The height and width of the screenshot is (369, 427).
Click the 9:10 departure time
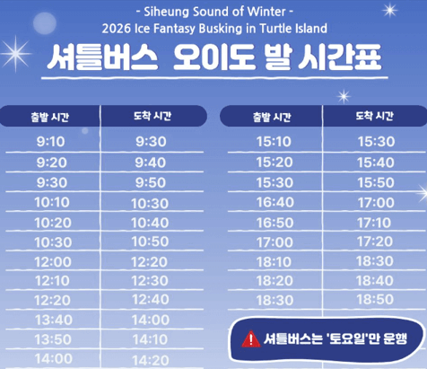coord(52,142)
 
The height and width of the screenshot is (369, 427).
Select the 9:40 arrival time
coord(151,163)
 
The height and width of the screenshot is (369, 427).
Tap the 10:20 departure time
coord(52,222)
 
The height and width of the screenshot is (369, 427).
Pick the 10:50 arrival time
coord(151,242)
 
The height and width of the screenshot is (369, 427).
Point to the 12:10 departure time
coord(52,281)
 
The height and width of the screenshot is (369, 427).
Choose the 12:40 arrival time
coord(151,300)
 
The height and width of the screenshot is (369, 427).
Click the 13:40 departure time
coord(52,321)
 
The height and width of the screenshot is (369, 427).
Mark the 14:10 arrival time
coord(151,340)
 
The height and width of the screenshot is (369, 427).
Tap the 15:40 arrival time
coord(375,163)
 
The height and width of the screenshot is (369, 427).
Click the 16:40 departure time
coord(274,202)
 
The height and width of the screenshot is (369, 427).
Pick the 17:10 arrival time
coord(375,222)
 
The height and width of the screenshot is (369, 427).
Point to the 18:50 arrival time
coord(375,300)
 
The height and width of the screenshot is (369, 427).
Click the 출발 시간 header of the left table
coord(51,116)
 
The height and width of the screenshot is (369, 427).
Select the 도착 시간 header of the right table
coord(375,116)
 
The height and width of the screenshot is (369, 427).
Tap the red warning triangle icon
coord(251,339)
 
